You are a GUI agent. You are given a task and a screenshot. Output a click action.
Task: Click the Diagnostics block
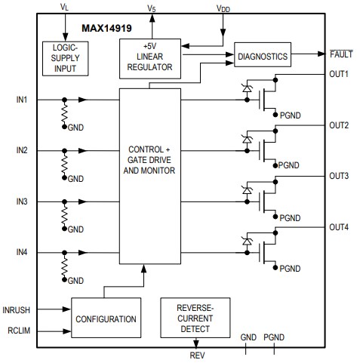[263, 55]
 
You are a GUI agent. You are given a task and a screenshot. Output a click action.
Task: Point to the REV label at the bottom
[196, 355]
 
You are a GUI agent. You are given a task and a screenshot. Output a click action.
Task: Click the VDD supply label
[223, 9]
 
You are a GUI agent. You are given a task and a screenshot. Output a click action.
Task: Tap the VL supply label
[63, 6]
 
